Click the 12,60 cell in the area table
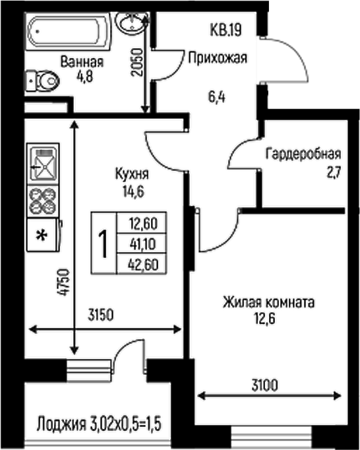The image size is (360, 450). [x=139, y=222]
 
